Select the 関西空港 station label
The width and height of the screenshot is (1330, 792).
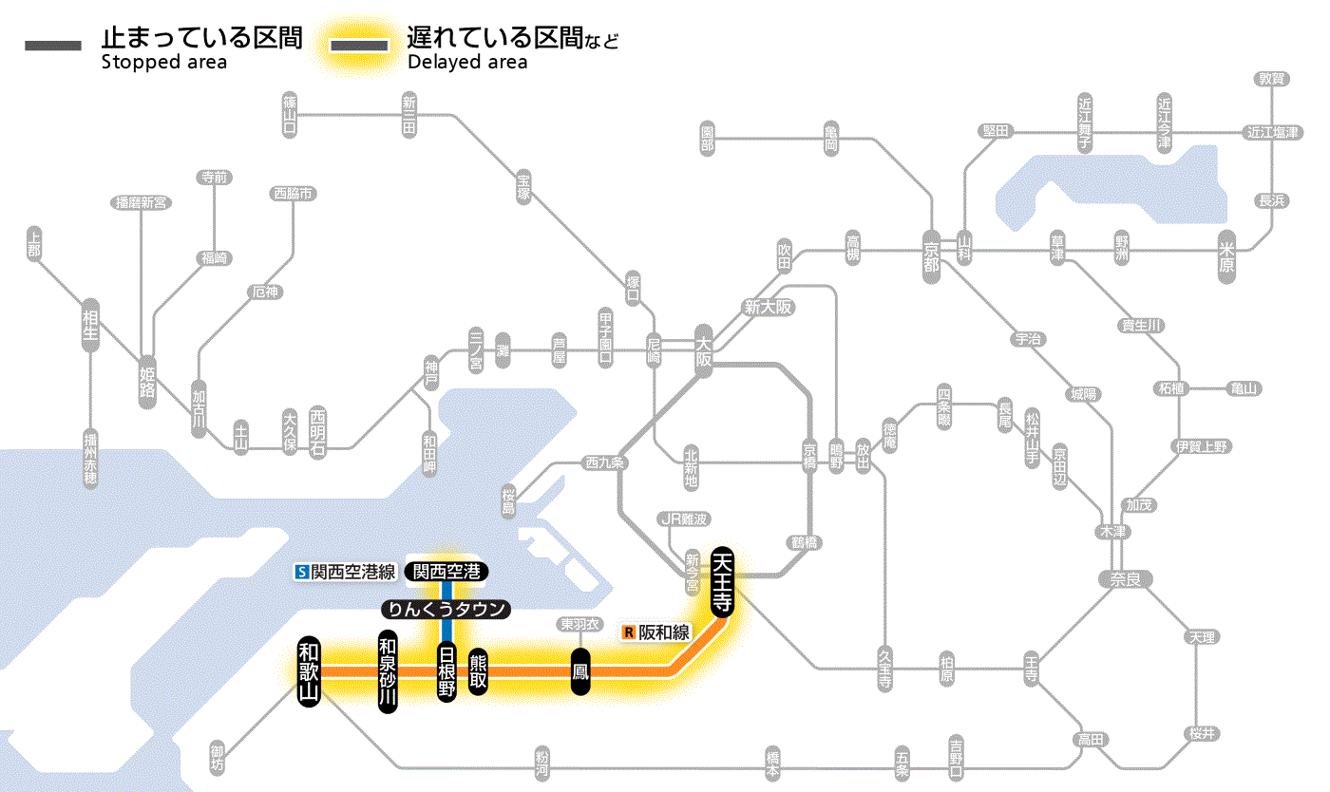pos(446,572)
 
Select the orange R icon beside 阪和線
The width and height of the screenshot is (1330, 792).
pos(628,632)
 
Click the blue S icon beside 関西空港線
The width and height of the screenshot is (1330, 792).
pos(302,572)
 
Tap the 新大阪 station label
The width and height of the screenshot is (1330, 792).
pos(768,307)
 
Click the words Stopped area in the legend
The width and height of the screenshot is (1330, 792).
pos(163,63)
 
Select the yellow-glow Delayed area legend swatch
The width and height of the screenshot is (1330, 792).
pos(358,46)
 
